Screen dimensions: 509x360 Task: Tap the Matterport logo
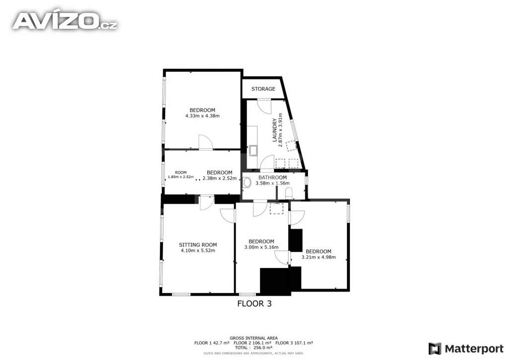(x=466, y=349)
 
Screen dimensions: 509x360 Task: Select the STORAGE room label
(x=263, y=89)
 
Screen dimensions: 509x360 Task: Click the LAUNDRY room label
(x=274, y=130)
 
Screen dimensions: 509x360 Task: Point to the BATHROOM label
(x=273, y=178)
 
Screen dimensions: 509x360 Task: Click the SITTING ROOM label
(x=198, y=245)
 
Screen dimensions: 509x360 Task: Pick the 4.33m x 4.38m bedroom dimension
(x=202, y=115)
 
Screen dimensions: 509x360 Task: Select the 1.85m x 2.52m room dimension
(x=181, y=177)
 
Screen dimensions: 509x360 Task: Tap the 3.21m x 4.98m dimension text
(x=319, y=257)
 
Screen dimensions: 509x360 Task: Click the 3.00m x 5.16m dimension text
(x=261, y=247)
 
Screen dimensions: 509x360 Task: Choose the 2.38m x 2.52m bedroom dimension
(x=219, y=178)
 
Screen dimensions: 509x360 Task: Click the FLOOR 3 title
(x=254, y=303)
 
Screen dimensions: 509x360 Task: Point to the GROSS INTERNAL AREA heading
(x=254, y=338)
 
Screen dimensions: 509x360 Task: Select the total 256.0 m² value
(x=254, y=348)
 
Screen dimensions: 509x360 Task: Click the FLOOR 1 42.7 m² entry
(x=212, y=343)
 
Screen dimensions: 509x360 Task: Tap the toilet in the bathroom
(x=289, y=193)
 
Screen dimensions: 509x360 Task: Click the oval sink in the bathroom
(x=247, y=182)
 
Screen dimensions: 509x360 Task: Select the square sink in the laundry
(x=253, y=151)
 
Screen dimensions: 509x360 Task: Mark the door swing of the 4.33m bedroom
(x=206, y=142)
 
